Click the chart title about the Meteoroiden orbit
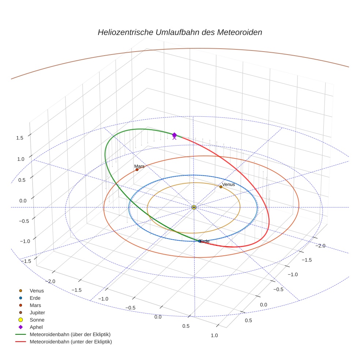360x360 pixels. click(180, 32)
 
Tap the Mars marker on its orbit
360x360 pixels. click(137, 170)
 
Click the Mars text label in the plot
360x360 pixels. click(139, 166)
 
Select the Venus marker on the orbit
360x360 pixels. click(221, 187)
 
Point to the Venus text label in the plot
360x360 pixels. click(228, 184)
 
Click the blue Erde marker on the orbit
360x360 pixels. click(199, 241)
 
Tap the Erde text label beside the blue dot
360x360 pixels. click(205, 241)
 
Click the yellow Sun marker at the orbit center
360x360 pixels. click(194, 207)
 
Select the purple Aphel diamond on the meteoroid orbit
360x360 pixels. click(174, 135)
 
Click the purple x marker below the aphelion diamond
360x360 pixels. click(174, 138)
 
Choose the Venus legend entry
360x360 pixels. click(37, 290)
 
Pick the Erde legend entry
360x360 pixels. click(35, 298)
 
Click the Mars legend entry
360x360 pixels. click(35, 305)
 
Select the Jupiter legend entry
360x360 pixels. click(37, 312)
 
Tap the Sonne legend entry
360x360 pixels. click(37, 320)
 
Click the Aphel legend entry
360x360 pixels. click(36, 327)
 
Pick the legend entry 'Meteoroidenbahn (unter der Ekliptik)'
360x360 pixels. click(71, 342)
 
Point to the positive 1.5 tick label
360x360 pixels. click(19, 138)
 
